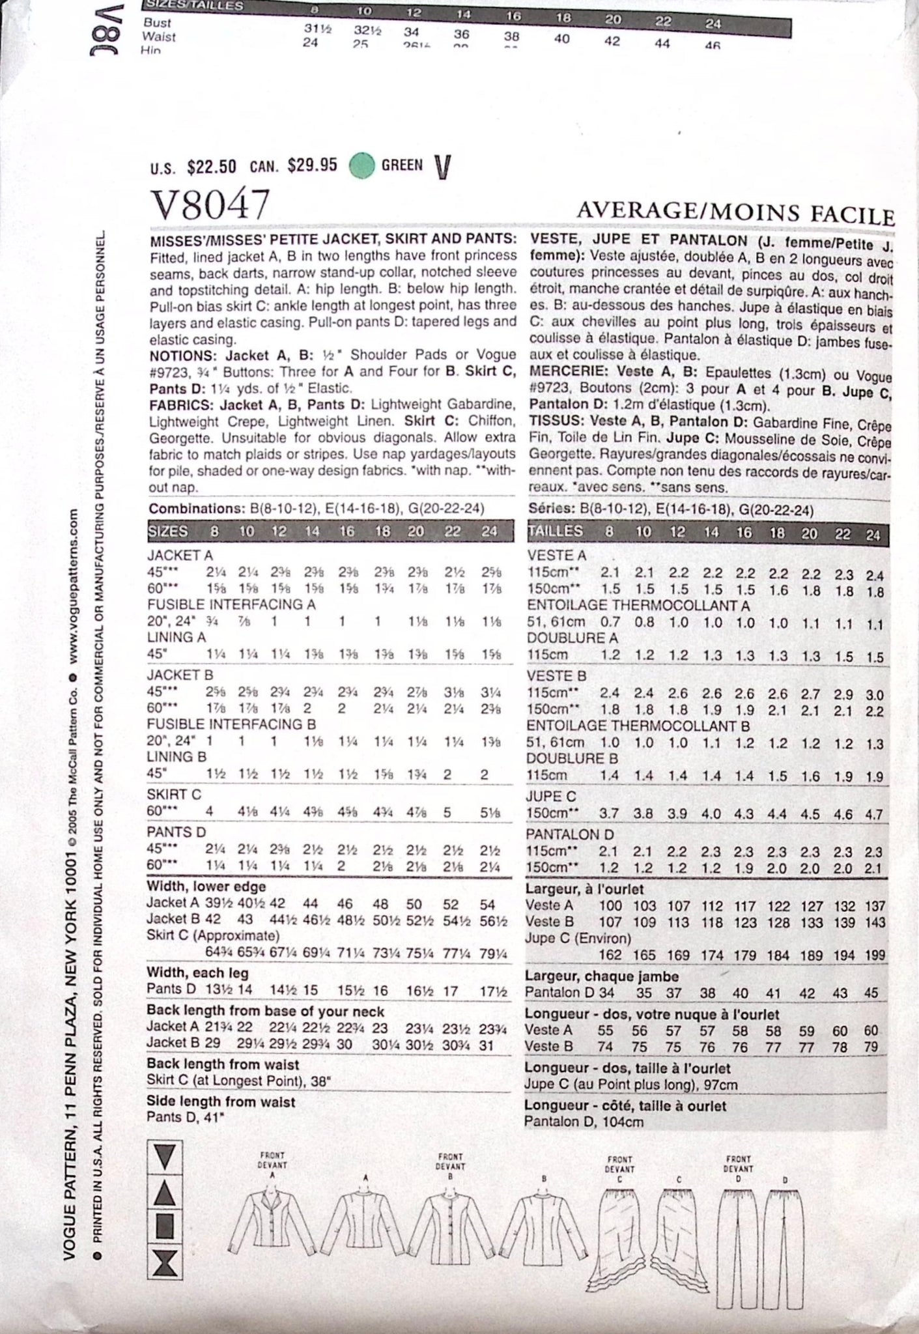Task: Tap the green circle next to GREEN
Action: [361, 165]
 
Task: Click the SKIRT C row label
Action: [174, 794]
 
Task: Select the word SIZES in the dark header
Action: [168, 531]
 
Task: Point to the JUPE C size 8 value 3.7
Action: [610, 814]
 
